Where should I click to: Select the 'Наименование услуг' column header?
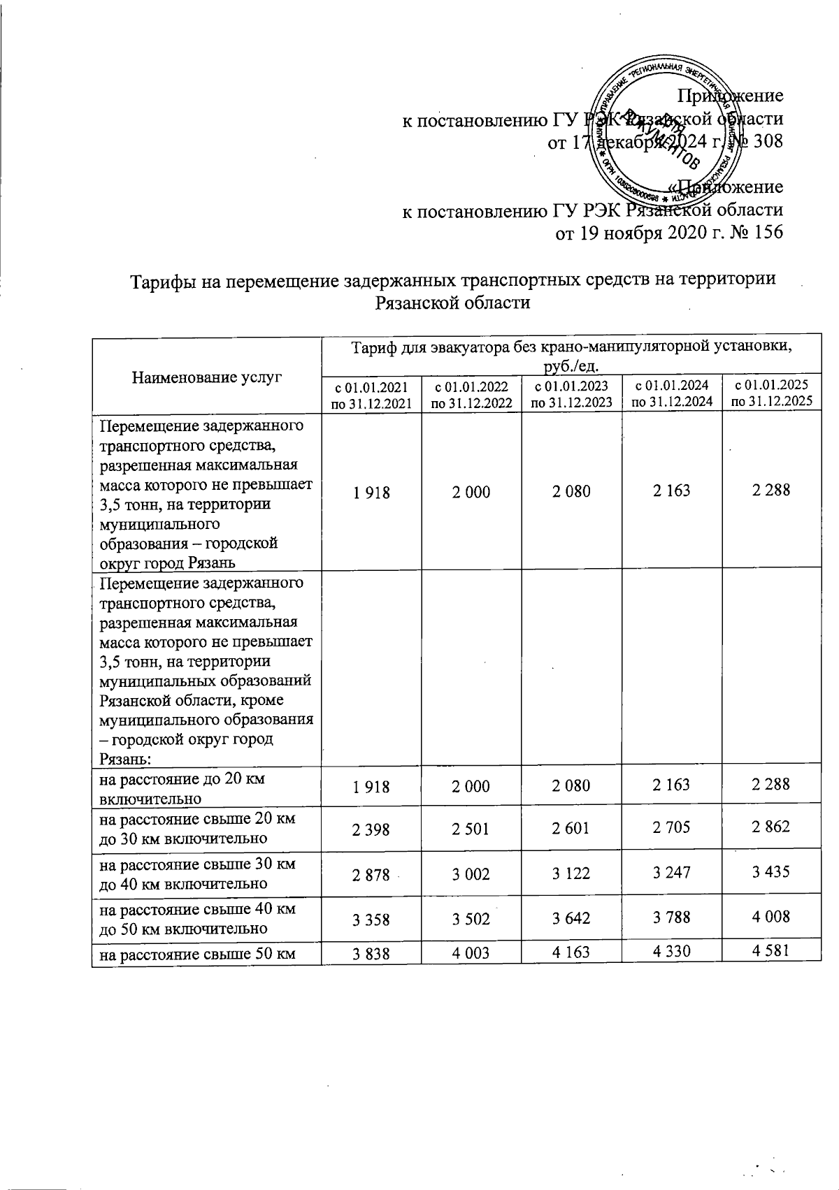(206, 378)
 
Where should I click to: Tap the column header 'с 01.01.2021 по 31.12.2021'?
(372, 393)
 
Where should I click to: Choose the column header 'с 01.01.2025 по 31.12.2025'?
(771, 393)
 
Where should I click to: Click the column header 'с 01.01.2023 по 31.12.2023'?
(571, 393)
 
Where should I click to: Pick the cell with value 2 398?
(372, 827)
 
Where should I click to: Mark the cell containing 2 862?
(770, 827)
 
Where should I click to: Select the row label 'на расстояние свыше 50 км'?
(196, 953)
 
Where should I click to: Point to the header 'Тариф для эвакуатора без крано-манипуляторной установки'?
(571, 347)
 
